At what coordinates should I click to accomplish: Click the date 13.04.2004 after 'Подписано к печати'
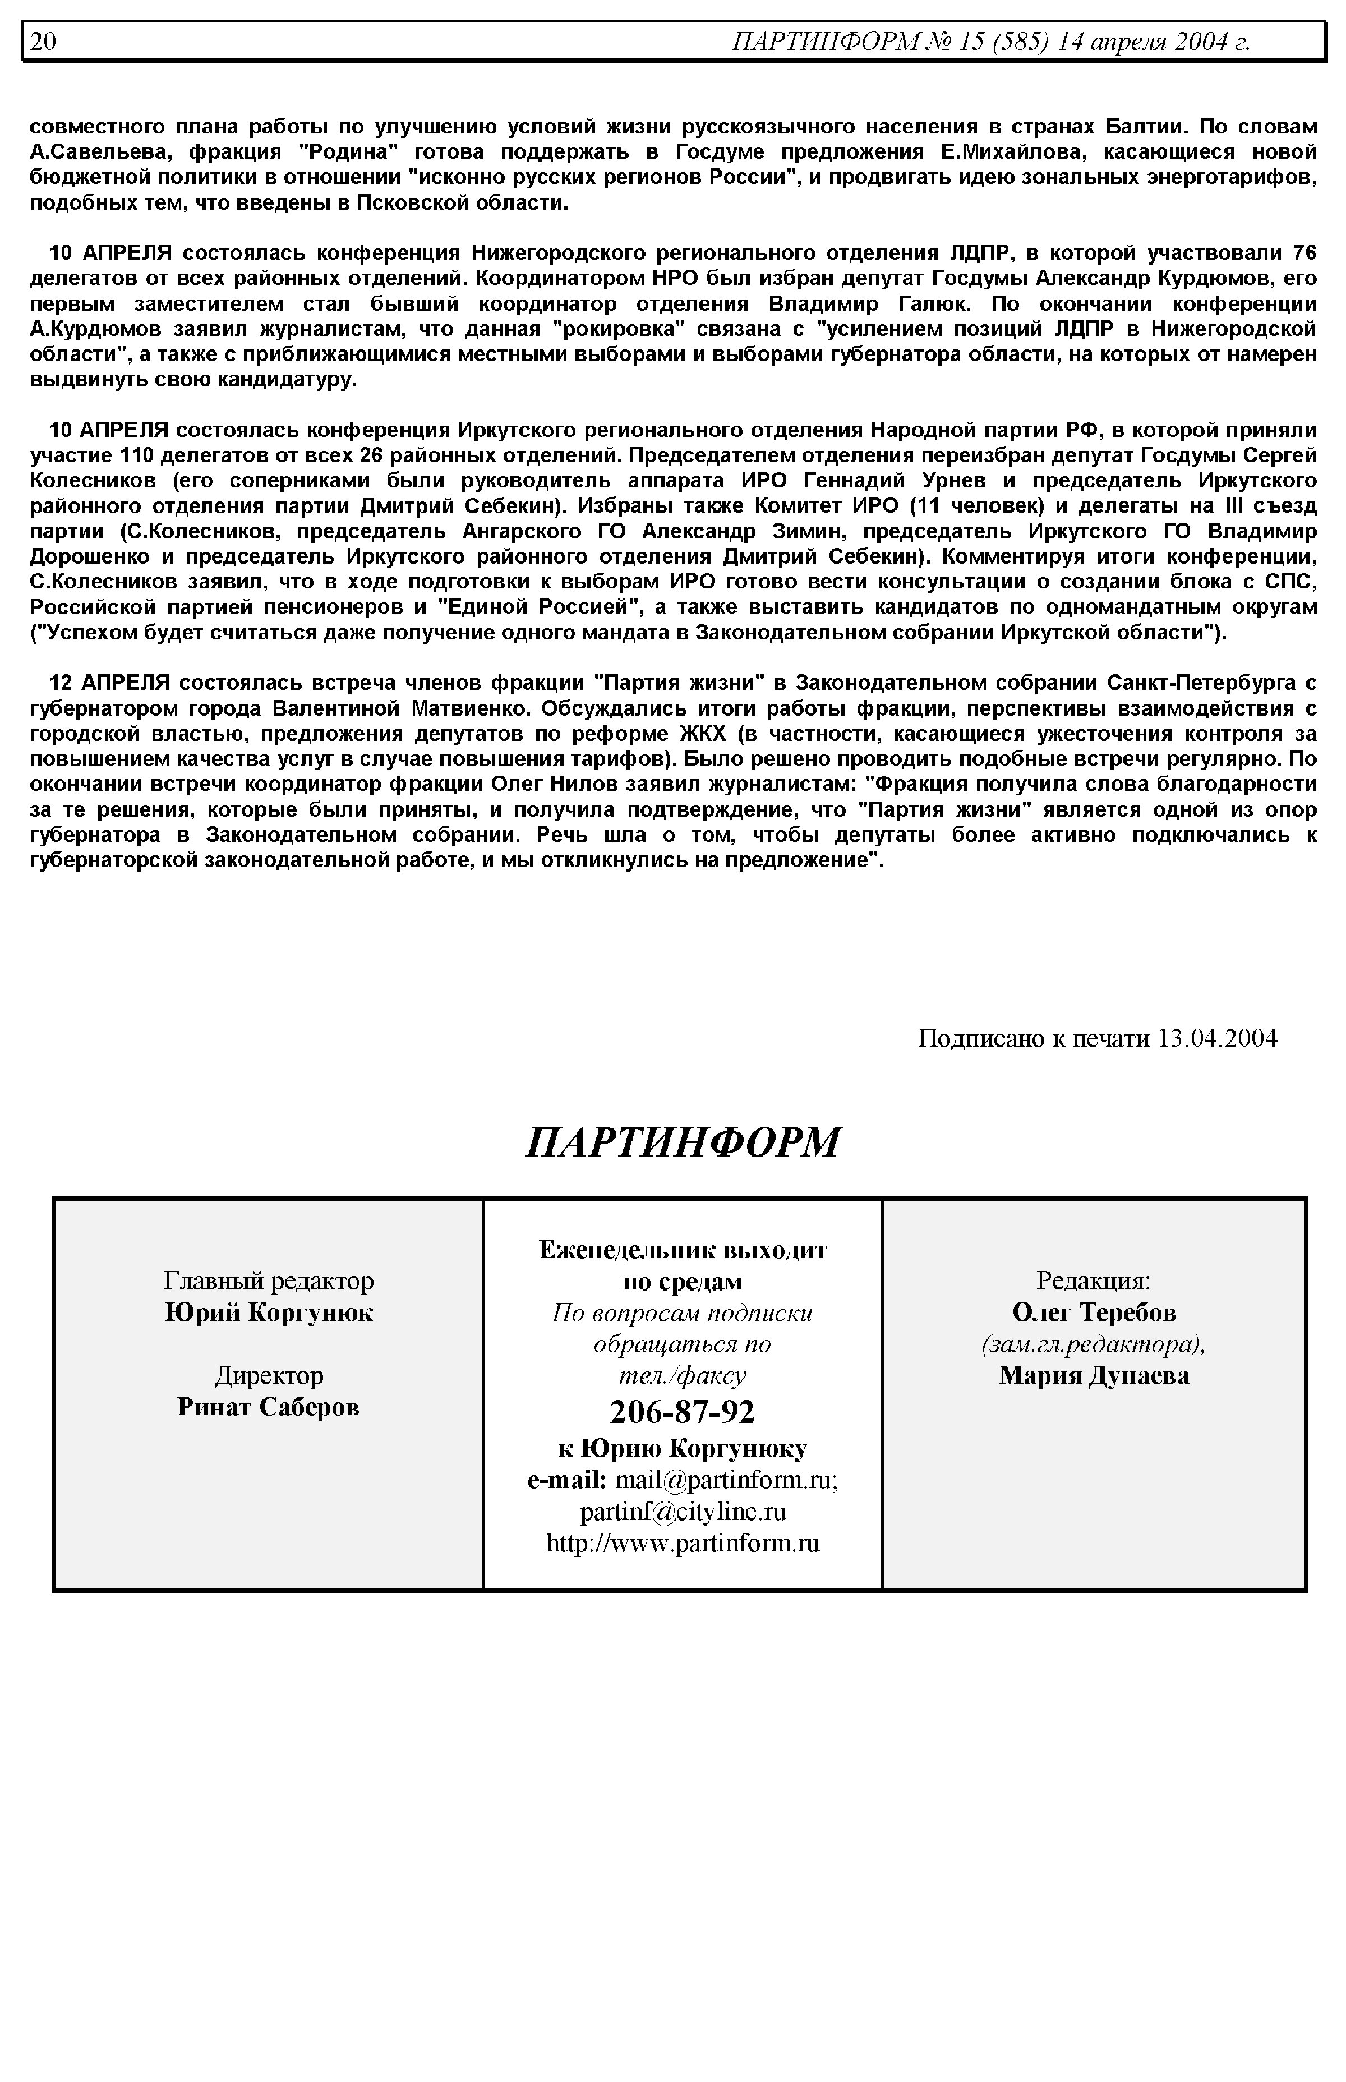coord(1216,1038)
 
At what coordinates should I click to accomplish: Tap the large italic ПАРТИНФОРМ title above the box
coord(683,1143)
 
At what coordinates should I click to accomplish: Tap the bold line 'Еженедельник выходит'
coord(683,1250)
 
